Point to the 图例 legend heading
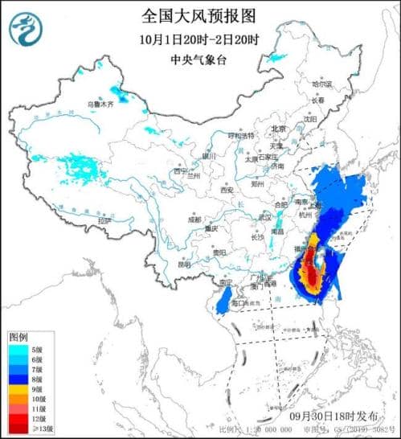point(18,336)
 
